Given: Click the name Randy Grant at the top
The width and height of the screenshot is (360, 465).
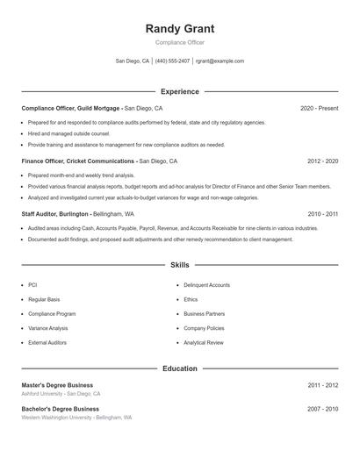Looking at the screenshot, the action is pyautogui.click(x=180, y=29).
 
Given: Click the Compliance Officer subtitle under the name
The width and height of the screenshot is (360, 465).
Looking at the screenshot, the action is pyautogui.click(x=180, y=42).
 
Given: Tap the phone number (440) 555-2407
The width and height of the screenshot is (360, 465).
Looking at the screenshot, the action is pyautogui.click(x=172, y=61).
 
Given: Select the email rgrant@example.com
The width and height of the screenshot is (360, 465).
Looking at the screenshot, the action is pyautogui.click(x=220, y=61).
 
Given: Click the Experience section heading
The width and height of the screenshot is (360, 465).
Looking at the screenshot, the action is pyautogui.click(x=180, y=91).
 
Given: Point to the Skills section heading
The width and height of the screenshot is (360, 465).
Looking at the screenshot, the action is pyautogui.click(x=180, y=264).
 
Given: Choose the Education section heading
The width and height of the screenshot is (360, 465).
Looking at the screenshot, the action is pyautogui.click(x=180, y=368).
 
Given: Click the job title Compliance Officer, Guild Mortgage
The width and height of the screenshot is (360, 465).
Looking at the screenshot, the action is pyautogui.click(x=71, y=108).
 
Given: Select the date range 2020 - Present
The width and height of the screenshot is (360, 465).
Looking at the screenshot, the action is pyautogui.click(x=319, y=108).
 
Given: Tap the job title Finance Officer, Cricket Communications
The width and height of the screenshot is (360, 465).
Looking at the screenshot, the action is pyautogui.click(x=79, y=161).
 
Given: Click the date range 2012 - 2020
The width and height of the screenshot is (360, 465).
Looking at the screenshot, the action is pyautogui.click(x=322, y=161).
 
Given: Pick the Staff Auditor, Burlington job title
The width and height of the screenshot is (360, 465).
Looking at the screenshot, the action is pyautogui.click(x=55, y=213).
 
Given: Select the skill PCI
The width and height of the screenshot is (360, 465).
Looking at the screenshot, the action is pyautogui.click(x=33, y=285).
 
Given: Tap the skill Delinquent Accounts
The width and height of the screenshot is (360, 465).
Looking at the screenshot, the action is pyautogui.click(x=206, y=285).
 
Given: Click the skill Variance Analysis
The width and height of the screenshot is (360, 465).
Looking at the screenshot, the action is pyautogui.click(x=47, y=328).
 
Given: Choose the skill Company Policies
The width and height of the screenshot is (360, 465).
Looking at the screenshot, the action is pyautogui.click(x=205, y=328).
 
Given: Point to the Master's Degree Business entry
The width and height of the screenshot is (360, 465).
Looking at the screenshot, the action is pyautogui.click(x=57, y=385).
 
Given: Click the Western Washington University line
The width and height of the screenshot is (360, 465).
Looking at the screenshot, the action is pyautogui.click(x=76, y=418).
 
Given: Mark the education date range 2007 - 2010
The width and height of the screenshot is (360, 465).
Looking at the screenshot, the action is pyautogui.click(x=322, y=409).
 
